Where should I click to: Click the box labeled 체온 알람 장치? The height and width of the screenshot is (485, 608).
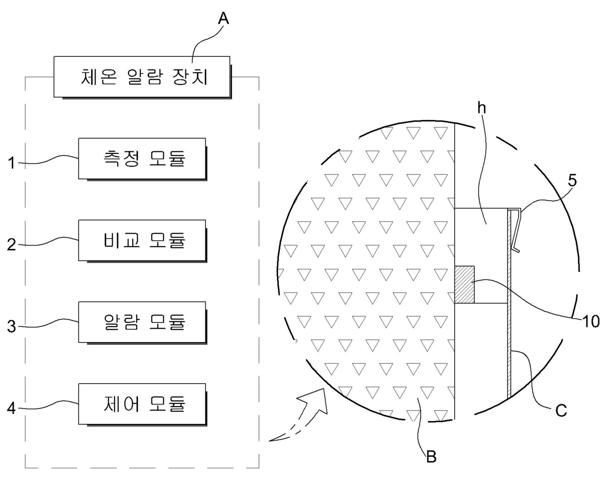pyautogui.click(x=142, y=77)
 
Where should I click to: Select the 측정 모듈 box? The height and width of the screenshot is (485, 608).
pyautogui.click(x=142, y=159)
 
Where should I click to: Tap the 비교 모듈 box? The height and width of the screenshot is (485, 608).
pyautogui.click(x=142, y=241)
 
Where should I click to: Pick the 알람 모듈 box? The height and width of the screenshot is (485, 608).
pyautogui.click(x=142, y=322)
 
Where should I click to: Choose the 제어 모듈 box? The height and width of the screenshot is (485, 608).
pyautogui.click(x=142, y=404)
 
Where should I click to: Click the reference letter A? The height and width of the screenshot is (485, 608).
pyautogui.click(x=223, y=19)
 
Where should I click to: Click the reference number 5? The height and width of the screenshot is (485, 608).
pyautogui.click(x=572, y=181)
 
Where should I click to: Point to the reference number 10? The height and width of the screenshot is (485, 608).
pyautogui.click(x=591, y=321)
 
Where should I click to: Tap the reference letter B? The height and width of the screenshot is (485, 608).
pyautogui.click(x=431, y=457)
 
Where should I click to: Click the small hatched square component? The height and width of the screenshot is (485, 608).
pyautogui.click(x=465, y=285)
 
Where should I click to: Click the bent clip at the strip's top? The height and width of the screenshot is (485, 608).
pyautogui.click(x=515, y=230)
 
